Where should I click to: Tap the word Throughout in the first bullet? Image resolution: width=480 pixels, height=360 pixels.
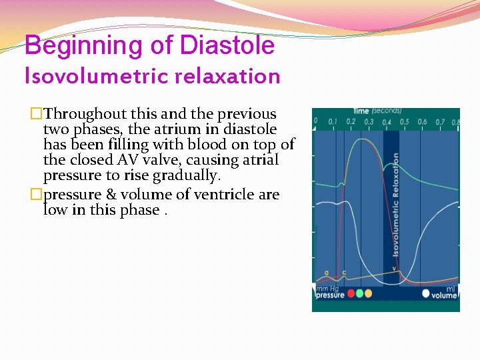83,114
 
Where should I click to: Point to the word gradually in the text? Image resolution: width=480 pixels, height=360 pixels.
187,175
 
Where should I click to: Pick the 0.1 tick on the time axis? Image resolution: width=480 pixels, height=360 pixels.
333,122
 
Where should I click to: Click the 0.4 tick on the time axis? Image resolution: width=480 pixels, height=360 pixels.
386,123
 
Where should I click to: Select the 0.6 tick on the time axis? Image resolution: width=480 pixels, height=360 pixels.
422,122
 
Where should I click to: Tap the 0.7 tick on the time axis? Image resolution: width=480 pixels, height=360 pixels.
440,122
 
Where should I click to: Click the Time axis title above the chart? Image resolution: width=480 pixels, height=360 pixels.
361,111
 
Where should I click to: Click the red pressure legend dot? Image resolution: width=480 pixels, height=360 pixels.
351,293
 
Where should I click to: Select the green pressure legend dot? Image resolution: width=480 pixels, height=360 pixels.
360,293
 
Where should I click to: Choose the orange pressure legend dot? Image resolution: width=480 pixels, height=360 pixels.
369,293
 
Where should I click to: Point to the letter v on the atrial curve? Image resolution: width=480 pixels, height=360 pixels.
394,269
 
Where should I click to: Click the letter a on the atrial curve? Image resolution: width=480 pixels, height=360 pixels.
326,273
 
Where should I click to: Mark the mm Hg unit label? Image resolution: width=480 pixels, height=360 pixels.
325,287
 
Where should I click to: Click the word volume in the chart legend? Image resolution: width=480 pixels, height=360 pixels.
444,295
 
